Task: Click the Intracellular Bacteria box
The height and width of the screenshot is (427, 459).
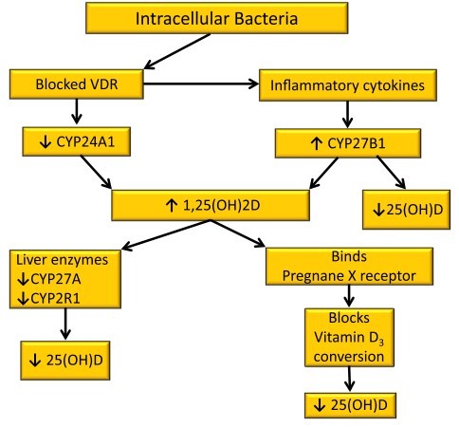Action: (217, 18)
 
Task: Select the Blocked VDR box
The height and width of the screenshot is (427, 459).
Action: (77, 84)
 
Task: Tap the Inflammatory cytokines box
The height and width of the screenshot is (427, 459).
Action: (348, 85)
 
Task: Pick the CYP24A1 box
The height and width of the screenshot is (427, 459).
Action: (76, 141)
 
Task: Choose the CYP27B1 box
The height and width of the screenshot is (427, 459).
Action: (348, 143)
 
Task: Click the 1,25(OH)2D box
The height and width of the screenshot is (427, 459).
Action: (211, 205)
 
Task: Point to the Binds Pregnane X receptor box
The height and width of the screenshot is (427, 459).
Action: (349, 266)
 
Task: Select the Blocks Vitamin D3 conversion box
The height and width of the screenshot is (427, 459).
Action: (349, 338)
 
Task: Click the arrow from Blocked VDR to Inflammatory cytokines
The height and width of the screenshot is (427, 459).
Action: (201, 84)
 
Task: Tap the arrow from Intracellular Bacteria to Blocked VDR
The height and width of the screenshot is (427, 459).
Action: (177, 51)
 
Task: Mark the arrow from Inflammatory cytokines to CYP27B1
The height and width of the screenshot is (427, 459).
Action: (347, 115)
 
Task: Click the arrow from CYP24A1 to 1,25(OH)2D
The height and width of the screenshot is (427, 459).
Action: (96, 172)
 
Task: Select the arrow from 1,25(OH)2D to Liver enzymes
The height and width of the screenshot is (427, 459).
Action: (166, 235)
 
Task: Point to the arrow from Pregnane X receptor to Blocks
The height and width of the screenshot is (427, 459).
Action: (349, 296)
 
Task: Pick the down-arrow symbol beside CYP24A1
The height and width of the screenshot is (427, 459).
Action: (46, 142)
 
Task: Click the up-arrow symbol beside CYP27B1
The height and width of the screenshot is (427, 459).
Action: (316, 144)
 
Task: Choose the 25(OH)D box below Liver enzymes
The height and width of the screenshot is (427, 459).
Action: (65, 361)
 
